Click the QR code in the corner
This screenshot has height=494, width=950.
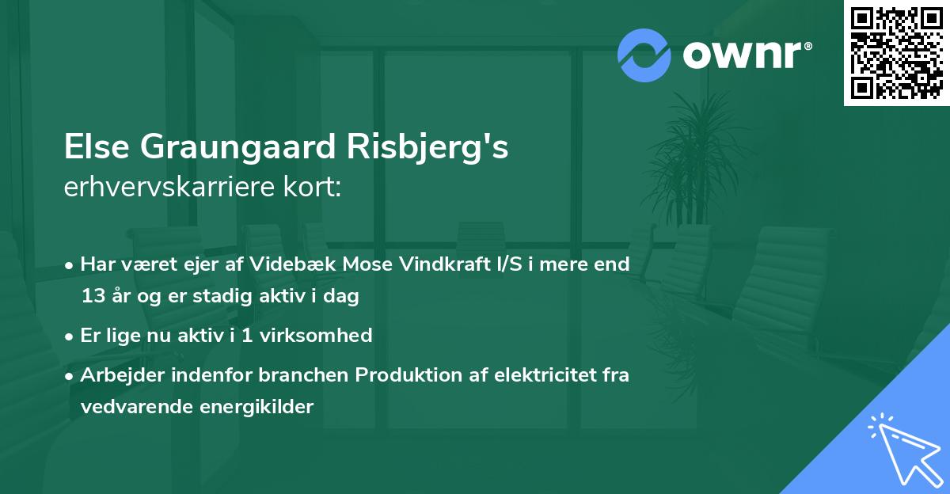tap(897, 52)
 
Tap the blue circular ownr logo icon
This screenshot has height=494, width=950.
tap(644, 55)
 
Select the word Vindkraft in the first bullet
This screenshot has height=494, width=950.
tap(438, 264)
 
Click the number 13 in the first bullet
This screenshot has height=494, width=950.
tap(93, 297)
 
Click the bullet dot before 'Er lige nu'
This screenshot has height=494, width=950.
tap(71, 336)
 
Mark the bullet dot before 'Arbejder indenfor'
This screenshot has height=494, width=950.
tap(71, 375)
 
